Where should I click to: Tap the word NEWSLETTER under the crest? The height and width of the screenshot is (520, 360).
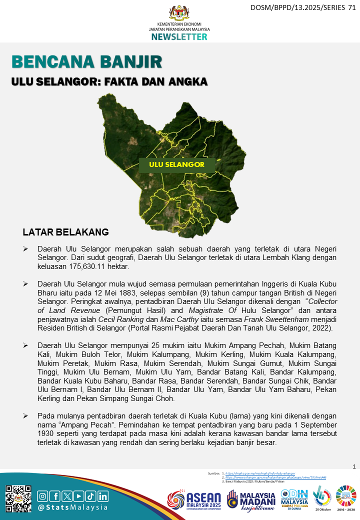pos(179,37)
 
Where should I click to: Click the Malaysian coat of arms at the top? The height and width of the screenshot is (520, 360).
pos(179,12)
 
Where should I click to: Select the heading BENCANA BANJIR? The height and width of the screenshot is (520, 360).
pos(87,62)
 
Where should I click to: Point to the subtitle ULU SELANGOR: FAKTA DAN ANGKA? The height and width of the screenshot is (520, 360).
pos(109,81)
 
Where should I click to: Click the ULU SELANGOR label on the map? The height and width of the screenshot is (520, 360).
pos(177,164)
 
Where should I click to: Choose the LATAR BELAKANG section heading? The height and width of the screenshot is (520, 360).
pos(65,232)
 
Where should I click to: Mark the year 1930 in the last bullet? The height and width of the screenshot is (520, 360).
pos(47,434)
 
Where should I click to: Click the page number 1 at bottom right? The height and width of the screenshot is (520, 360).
pos(354,466)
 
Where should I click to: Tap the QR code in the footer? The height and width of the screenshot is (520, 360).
pos(18,497)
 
